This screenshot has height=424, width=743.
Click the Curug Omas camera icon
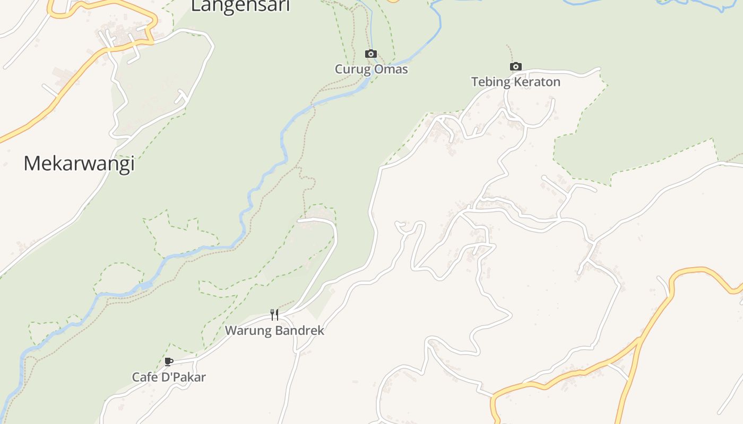pyautogui.click(x=371, y=54)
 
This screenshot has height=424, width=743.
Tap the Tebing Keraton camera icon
pyautogui.click(x=515, y=67)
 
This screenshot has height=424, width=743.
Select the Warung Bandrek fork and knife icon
pyautogui.click(x=274, y=315)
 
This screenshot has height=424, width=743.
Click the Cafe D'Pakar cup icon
pyautogui.click(x=169, y=362)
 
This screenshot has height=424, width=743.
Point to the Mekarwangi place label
pyautogui.click(x=79, y=164)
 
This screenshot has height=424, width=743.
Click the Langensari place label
pyautogui.click(x=240, y=6)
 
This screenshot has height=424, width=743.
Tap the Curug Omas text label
pyautogui.click(x=371, y=69)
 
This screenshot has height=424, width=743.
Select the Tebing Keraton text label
pyautogui.click(x=515, y=82)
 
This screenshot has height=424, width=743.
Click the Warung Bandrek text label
pyautogui.click(x=274, y=331)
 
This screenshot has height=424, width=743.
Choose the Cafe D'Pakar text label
pyautogui.click(x=169, y=377)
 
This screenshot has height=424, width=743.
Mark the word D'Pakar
pyautogui.click(x=183, y=377)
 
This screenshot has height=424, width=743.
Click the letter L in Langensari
pyautogui.click(x=196, y=6)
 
